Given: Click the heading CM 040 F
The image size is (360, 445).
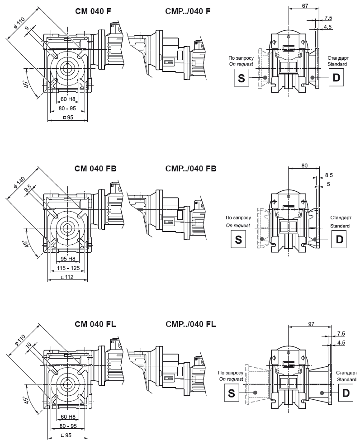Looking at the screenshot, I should point(93,11).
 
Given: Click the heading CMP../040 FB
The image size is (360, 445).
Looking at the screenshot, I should point(191,168).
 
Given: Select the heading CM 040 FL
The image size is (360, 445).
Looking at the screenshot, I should point(95,324).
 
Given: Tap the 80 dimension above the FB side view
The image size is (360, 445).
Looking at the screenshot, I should point(304,166).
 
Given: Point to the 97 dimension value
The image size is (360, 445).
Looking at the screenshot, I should point(311,324).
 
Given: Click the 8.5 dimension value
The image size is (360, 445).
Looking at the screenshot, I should point(329,175).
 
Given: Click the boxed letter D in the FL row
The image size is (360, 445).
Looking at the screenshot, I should point(346,393).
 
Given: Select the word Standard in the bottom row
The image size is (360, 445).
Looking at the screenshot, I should point(346,379).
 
